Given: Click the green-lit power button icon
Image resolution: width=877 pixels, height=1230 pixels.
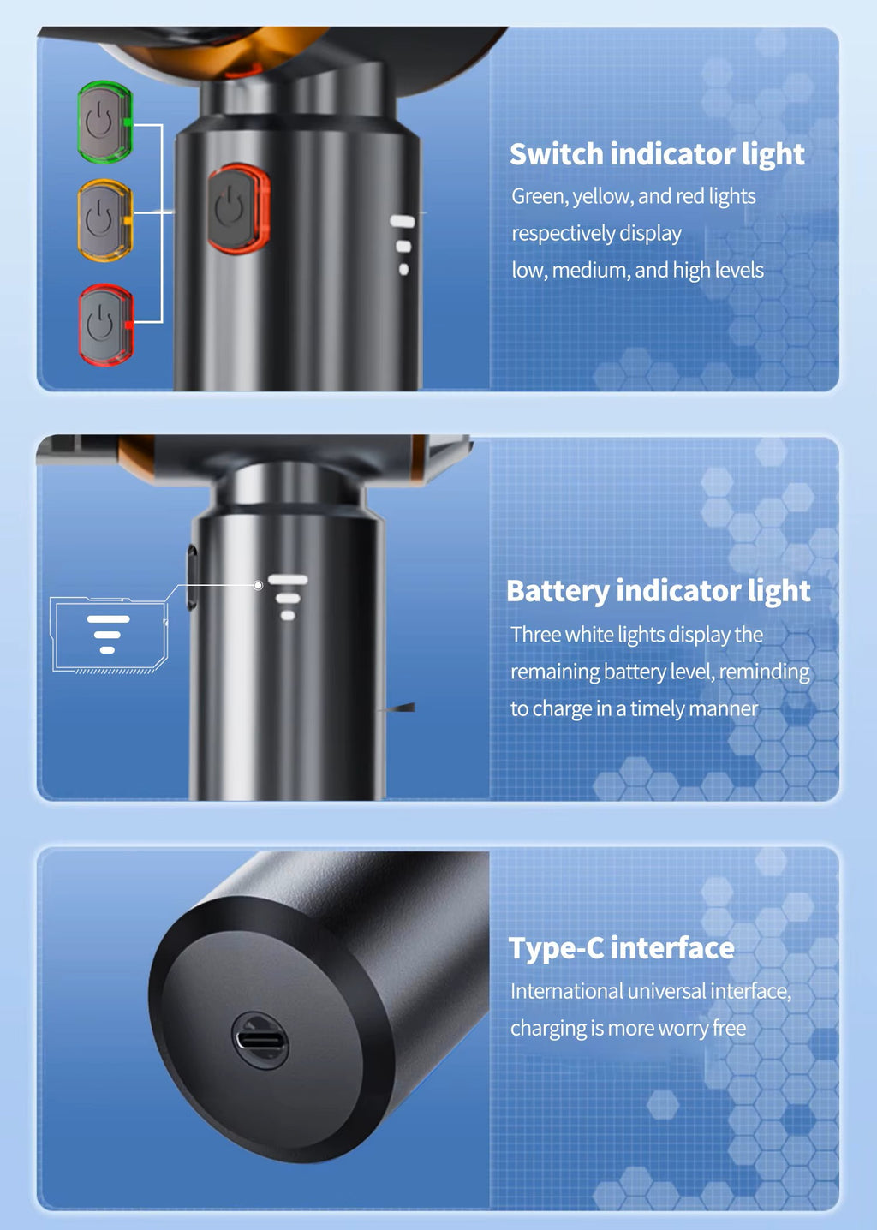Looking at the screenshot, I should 104,122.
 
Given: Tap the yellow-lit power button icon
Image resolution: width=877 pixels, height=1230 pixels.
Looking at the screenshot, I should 104,220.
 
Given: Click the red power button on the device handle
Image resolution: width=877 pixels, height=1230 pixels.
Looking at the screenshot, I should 237,209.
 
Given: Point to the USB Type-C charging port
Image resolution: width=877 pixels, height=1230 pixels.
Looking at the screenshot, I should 261,1041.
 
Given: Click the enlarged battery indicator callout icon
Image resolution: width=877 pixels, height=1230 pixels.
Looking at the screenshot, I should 108,634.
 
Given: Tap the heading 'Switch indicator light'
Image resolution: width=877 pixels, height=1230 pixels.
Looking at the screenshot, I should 656,154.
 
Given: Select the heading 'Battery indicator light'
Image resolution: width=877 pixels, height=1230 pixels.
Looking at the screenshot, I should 658,591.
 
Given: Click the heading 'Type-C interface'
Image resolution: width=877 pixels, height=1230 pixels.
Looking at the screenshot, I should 621,948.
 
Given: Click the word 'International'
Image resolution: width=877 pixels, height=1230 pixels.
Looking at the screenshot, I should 566,992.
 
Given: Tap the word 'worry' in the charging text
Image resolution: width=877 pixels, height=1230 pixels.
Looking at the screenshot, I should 683,1029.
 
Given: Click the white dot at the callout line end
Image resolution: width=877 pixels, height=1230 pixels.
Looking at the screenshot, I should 258,585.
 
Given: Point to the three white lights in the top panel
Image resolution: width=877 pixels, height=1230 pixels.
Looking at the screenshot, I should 403,245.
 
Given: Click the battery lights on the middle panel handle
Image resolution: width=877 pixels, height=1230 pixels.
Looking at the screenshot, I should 288,597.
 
